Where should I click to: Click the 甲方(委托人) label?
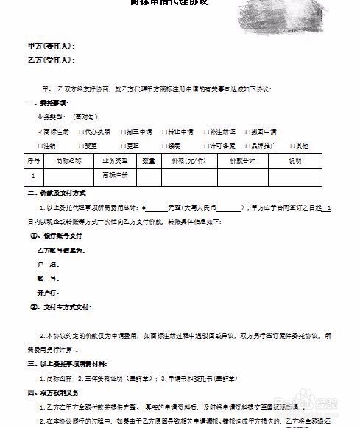pos(50,46)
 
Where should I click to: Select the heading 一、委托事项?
pos(47,102)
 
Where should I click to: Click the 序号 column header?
pos(34,160)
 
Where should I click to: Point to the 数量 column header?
pos(148,160)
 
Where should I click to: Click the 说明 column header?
pos(295,160)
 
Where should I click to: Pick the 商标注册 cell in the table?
pos(115,175)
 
